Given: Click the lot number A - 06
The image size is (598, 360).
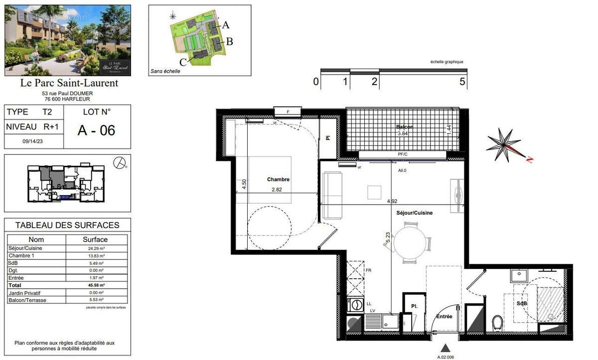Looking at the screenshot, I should pyautogui.click(x=96, y=130).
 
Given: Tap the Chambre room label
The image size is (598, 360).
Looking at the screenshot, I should pyautogui.click(x=278, y=180).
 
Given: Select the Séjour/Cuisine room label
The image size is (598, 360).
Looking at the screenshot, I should pyautogui.click(x=414, y=213).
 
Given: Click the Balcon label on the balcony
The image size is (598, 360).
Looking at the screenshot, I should pyautogui.click(x=405, y=127).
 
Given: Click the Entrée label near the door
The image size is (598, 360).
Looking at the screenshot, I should pyautogui.click(x=444, y=316).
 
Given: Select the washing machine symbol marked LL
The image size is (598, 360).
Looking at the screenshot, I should pyautogui.click(x=356, y=304).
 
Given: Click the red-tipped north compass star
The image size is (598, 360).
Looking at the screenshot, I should pyautogui.click(x=506, y=145).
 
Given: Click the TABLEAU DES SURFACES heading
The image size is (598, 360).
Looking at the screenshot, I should pyautogui.click(x=67, y=225).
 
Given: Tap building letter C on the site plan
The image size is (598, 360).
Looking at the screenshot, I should pyautogui.click(x=183, y=62).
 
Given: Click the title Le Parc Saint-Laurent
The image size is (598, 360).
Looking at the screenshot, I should pyautogui.click(x=69, y=83).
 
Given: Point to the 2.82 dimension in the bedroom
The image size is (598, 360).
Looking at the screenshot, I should pyautogui.click(x=277, y=190).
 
